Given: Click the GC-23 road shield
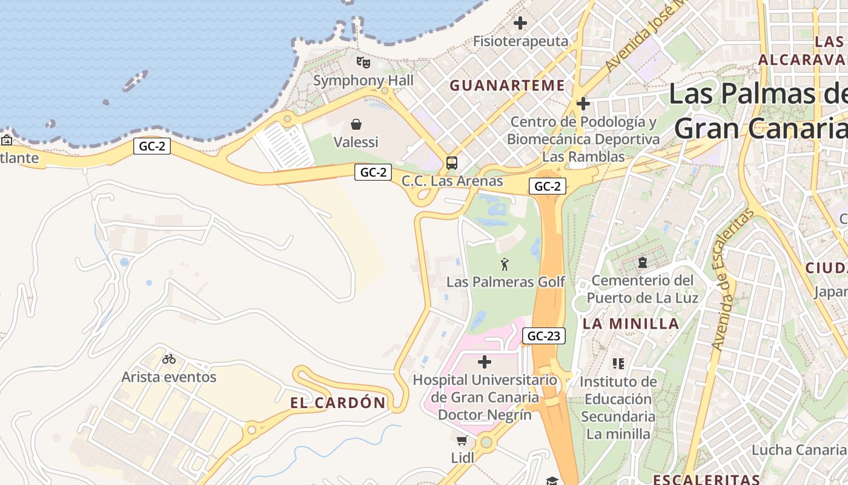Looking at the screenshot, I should click(543, 336).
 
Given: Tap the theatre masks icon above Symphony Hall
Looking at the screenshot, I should click(363, 62).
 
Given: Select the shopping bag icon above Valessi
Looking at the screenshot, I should click(356, 124).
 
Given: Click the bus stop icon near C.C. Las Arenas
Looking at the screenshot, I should click(452, 162).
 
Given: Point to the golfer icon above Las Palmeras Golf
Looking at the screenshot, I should click(505, 264).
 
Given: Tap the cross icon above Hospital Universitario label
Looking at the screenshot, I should click(485, 362).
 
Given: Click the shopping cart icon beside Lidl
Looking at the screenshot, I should click(462, 440).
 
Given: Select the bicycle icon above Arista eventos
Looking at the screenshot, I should click(169, 359).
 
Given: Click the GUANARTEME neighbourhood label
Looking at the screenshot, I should click(507, 85).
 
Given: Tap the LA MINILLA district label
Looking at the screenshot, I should click(631, 324).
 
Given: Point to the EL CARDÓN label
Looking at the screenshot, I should click(337, 403).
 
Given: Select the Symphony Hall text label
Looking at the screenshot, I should click(363, 81).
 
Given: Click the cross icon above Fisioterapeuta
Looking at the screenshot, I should click(520, 24).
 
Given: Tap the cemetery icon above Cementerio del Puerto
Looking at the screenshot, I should click(642, 263).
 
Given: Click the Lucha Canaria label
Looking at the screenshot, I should click(798, 450).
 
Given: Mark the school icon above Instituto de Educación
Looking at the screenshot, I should click(618, 364).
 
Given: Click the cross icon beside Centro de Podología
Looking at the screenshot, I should click(583, 104).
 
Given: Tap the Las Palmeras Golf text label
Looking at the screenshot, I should click(505, 282).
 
